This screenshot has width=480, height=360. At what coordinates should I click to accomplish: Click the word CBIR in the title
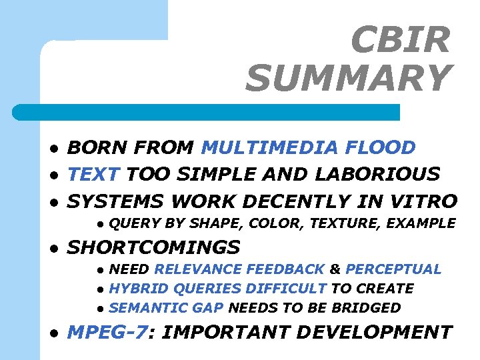tap(401, 41)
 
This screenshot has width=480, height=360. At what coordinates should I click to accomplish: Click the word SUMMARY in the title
tap(348, 78)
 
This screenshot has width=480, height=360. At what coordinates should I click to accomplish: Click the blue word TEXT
tap(94, 174)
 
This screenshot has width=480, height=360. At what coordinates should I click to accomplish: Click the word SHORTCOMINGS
tap(154, 247)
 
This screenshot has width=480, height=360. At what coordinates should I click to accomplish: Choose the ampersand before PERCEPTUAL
tap(335, 269)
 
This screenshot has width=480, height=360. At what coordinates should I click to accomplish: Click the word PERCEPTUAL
tap(393, 269)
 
